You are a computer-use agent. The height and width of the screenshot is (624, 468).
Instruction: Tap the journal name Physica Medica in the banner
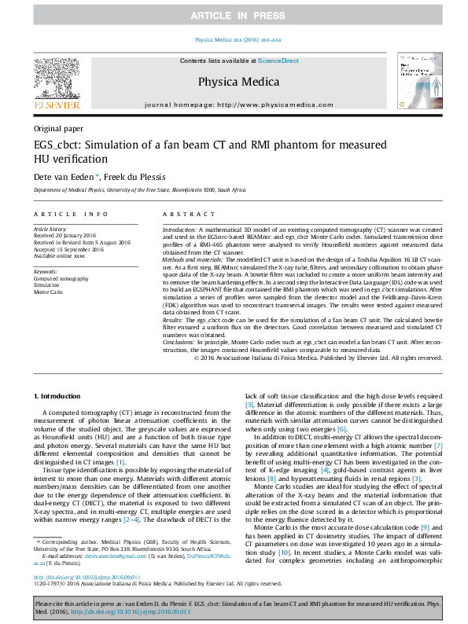tap(234, 80)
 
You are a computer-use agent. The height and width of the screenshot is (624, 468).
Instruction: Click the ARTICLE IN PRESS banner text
tap(234, 16)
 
